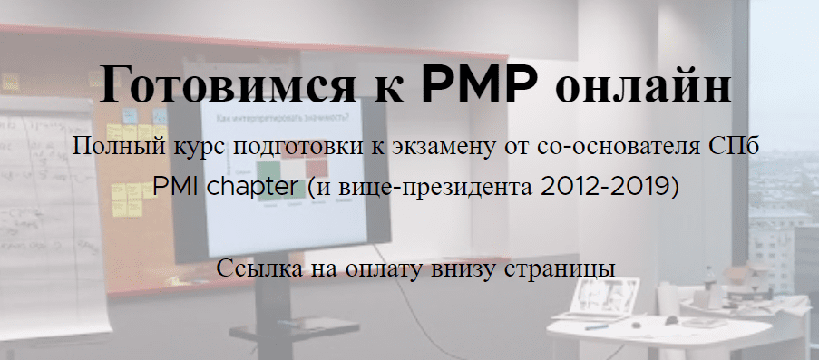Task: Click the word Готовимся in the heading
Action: [x=225, y=84]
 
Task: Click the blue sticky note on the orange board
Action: [x=130, y=116]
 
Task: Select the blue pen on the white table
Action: [x=597, y=327]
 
